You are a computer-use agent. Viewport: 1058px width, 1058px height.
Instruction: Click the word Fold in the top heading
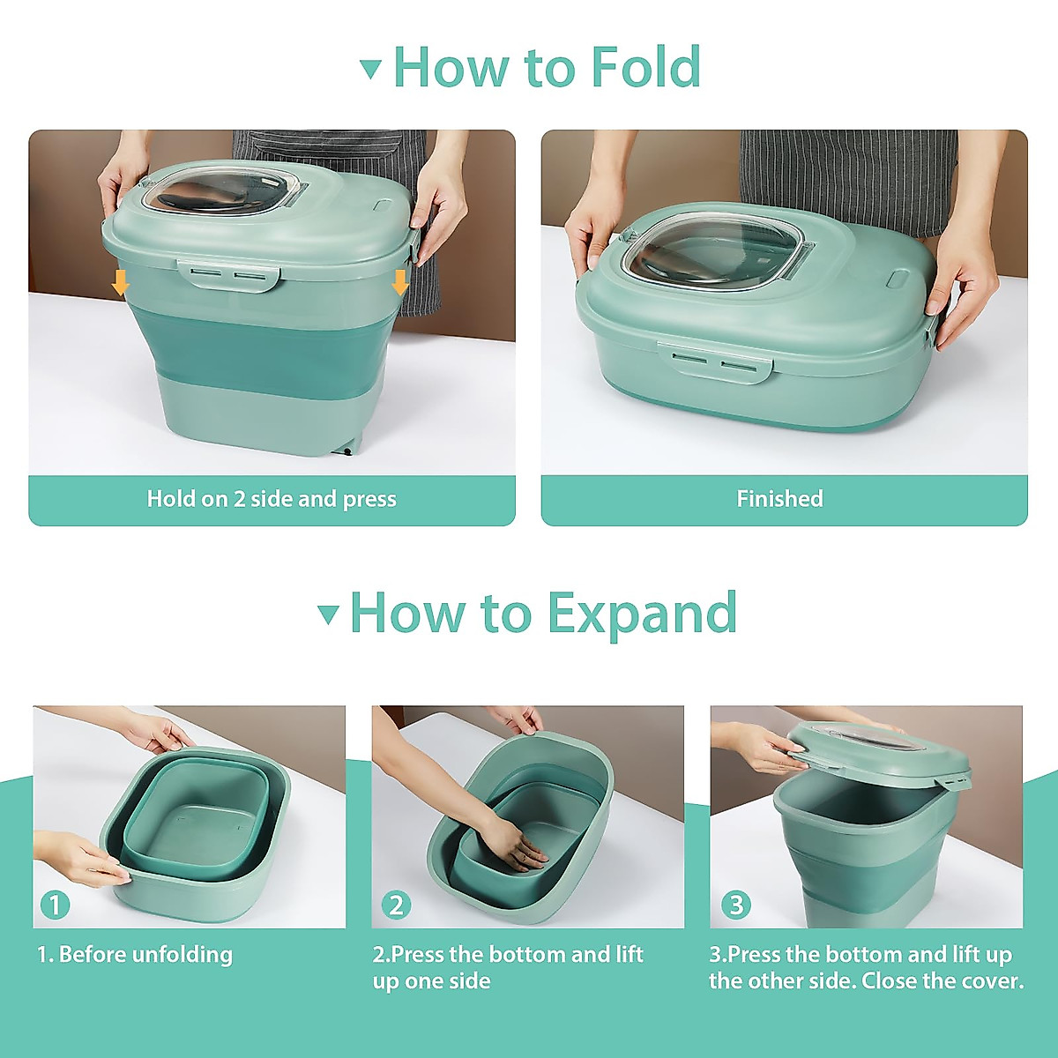click(x=645, y=67)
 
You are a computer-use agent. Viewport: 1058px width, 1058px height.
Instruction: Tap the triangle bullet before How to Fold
click(x=371, y=69)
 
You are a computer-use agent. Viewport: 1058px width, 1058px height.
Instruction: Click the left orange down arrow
click(x=121, y=283)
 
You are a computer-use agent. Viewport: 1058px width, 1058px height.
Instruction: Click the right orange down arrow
click(x=400, y=282)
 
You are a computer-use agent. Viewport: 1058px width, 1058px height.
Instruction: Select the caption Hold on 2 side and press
click(x=272, y=499)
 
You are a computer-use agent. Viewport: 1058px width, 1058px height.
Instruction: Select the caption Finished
click(x=779, y=499)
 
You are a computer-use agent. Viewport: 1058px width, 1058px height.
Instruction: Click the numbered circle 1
click(x=55, y=905)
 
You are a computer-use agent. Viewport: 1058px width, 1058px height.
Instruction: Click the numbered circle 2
click(x=396, y=905)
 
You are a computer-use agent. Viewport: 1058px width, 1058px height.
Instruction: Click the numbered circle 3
click(x=735, y=905)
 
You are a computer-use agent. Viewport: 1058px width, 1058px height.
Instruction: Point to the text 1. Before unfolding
click(x=135, y=955)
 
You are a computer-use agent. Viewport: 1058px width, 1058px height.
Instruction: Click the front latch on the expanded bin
click(x=228, y=274)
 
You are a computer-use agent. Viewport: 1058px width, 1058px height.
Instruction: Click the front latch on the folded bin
click(x=715, y=361)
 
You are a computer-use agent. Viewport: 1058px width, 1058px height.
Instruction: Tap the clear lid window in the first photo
click(x=225, y=191)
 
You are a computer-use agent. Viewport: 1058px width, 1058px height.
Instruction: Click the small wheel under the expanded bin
click(x=347, y=451)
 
